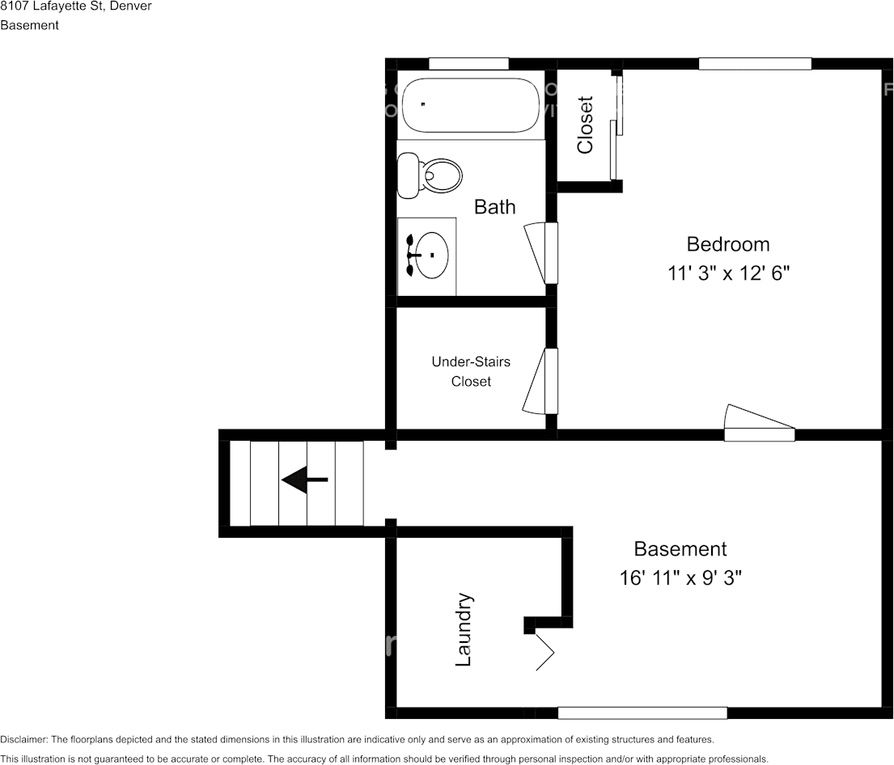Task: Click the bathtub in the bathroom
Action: tap(470, 105)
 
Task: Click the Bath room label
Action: tap(494, 207)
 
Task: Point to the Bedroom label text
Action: tap(727, 244)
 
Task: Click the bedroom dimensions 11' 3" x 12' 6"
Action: tap(727, 273)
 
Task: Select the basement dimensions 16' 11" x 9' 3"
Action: tap(680, 578)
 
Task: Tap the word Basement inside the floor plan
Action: tap(680, 549)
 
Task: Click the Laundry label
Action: tap(464, 630)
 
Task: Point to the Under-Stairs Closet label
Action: tap(471, 371)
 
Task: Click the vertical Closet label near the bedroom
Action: tap(585, 125)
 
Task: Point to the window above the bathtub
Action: tap(468, 64)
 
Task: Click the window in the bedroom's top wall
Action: tap(754, 64)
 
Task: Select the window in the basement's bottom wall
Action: tap(642, 712)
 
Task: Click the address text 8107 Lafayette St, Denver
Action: tap(75, 6)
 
